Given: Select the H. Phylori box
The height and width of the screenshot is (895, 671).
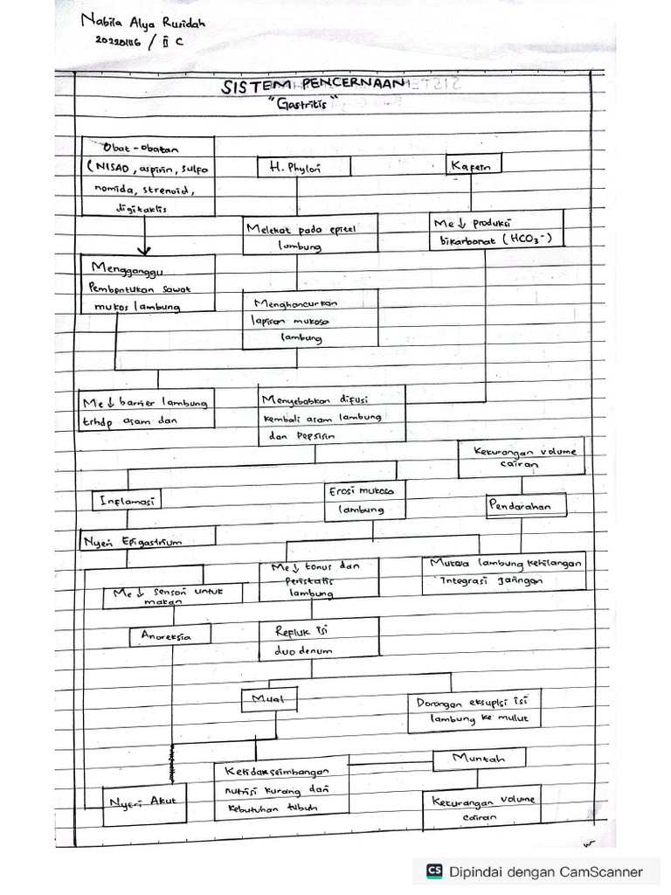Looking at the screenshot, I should (x=303, y=168).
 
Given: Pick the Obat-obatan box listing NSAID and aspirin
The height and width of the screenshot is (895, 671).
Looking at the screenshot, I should (x=149, y=176).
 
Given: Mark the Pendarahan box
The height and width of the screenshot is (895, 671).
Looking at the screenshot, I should (x=525, y=506).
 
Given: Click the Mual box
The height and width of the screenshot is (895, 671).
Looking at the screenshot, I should (x=267, y=698).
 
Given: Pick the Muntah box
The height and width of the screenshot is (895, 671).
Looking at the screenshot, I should (x=480, y=759).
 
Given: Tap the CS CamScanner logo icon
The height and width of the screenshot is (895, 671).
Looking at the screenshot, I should (x=434, y=871).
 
